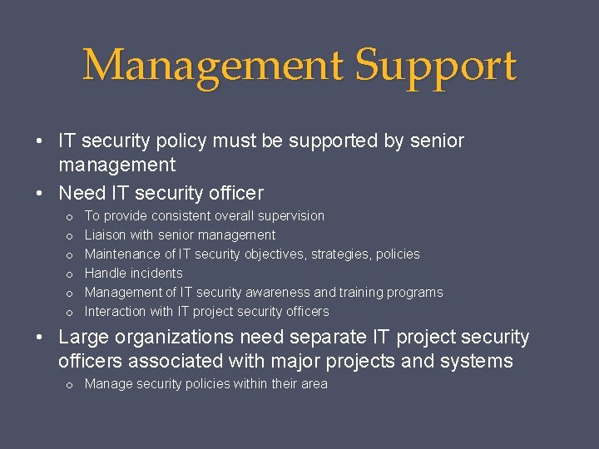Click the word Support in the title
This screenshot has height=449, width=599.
436,67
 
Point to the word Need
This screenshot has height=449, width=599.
82,193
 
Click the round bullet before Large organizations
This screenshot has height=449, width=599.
40,338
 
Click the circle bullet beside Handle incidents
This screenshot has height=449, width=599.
69,274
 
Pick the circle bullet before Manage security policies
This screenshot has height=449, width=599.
69,384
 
